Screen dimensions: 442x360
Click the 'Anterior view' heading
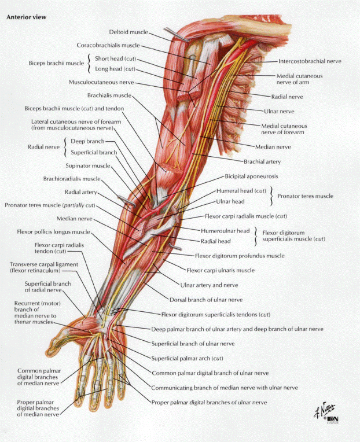coord(26,17)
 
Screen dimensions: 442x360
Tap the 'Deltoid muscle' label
coord(128,31)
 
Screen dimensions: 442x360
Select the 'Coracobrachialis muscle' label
coord(108,45)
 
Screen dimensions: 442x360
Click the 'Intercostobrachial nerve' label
coord(310,61)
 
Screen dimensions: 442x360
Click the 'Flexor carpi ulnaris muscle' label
coord(220,270)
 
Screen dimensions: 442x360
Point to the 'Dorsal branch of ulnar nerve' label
coord(205,300)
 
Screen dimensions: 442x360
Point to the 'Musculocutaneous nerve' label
coord(101,82)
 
